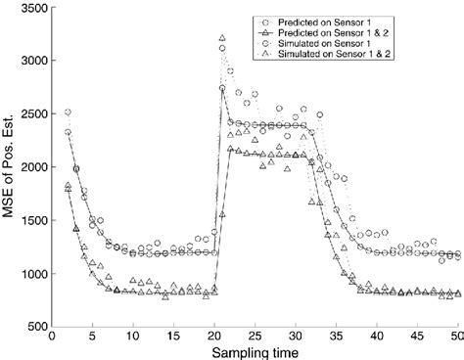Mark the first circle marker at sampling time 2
pyautogui.click(x=68, y=112)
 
